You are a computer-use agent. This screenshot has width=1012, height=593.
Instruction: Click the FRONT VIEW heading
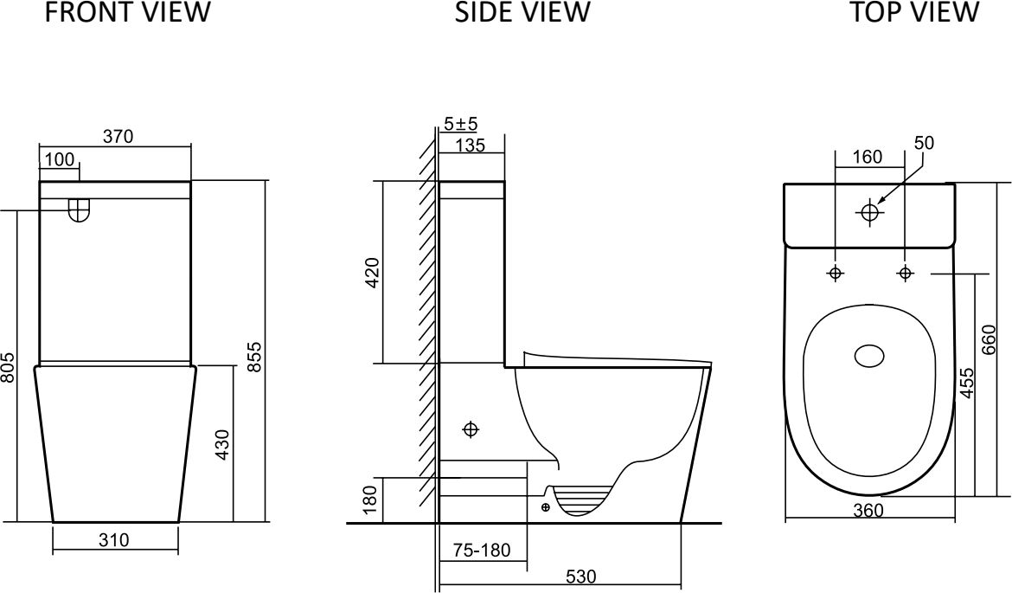(x=127, y=11)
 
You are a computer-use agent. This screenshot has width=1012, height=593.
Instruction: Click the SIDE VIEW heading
(x=522, y=11)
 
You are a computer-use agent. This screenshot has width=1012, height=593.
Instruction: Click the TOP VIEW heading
(x=913, y=11)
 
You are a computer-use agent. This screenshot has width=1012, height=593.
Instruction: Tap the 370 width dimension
(x=118, y=136)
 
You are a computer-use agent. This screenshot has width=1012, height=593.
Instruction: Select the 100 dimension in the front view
(x=61, y=159)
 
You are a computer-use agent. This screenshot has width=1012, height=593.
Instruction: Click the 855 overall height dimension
(x=255, y=357)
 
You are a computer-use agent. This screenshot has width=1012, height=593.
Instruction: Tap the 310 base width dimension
(x=114, y=540)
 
